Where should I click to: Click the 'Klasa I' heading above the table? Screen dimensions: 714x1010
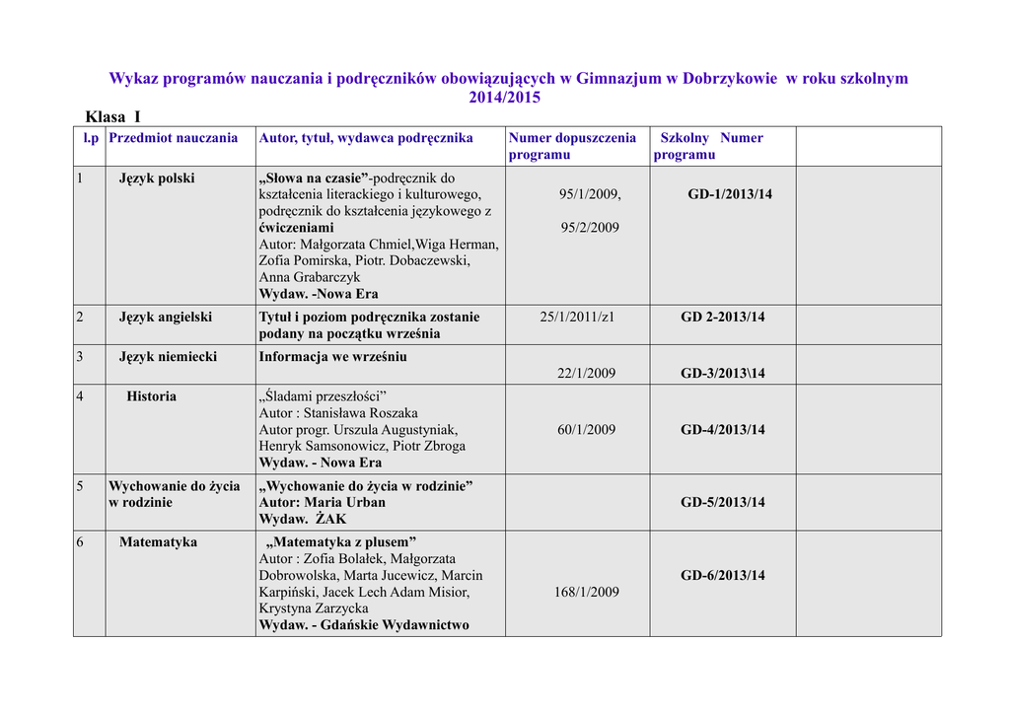click(113, 116)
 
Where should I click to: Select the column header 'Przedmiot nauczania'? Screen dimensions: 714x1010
click(174, 138)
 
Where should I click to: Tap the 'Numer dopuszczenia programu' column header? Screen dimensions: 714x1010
click(572, 146)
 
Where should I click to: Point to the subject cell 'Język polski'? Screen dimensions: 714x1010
click(157, 178)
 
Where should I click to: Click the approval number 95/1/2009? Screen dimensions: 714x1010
click(590, 194)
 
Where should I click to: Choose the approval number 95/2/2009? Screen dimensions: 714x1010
click(590, 228)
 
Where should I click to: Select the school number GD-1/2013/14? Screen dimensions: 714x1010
click(730, 194)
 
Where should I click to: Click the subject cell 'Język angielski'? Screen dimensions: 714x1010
click(166, 318)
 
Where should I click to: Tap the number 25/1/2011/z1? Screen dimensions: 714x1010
click(577, 318)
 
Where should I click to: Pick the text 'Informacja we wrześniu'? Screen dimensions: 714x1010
click(332, 357)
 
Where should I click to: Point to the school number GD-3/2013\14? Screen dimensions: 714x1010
click(723, 374)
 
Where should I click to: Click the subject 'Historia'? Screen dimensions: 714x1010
click(151, 396)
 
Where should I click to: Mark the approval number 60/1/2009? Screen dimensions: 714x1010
click(586, 430)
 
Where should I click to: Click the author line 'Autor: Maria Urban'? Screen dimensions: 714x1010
click(322, 502)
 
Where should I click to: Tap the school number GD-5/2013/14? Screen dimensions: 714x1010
click(723, 503)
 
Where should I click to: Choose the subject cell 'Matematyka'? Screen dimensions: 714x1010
click(158, 542)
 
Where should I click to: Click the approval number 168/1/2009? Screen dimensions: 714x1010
click(586, 592)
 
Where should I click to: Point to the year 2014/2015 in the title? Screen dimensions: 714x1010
click(504, 98)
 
